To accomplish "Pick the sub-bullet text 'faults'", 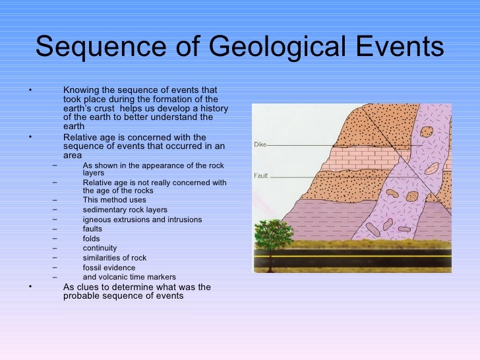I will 92,229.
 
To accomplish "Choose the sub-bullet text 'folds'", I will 92,239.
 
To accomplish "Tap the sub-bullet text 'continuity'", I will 100,248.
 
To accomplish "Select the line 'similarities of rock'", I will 115,258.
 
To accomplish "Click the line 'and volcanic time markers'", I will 129,277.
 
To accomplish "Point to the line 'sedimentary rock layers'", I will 125,210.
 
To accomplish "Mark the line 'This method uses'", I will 115,200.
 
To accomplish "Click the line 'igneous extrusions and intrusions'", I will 142,220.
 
